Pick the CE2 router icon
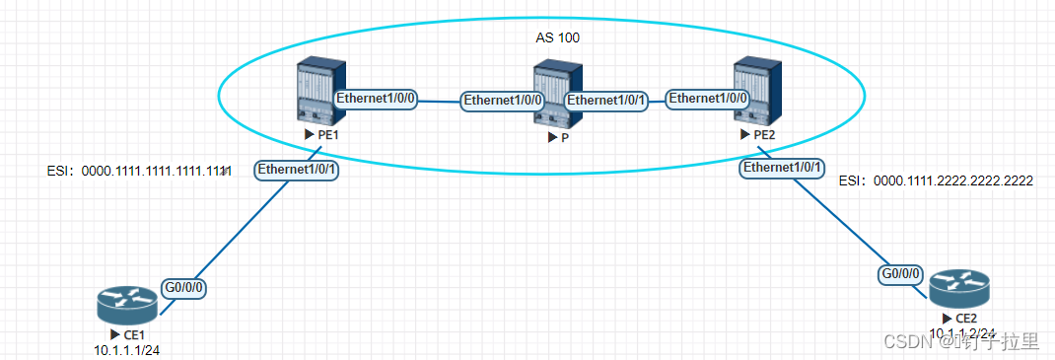(x=957, y=288)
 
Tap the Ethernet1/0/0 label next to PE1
(x=378, y=99)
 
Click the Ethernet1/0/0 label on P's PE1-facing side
(x=504, y=100)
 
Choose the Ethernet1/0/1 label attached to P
(x=606, y=100)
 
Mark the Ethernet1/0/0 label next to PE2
(x=708, y=99)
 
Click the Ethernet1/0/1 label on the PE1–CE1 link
(x=298, y=170)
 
